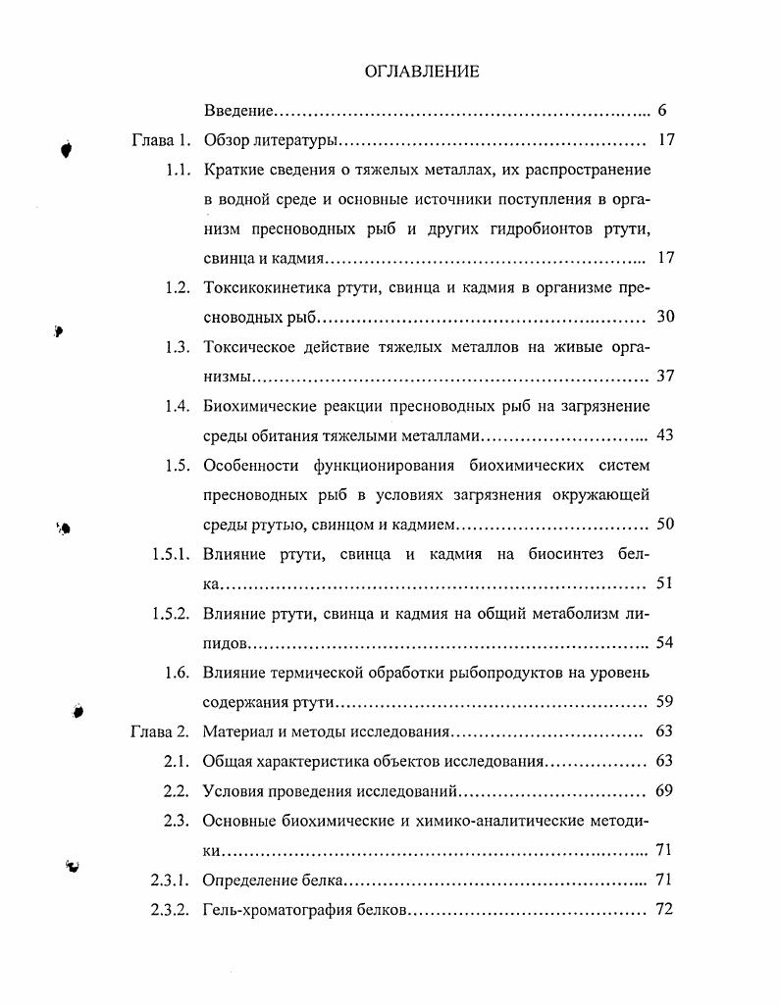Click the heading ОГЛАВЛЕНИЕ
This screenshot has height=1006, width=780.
click(x=422, y=72)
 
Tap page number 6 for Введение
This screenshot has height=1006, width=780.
click(x=663, y=111)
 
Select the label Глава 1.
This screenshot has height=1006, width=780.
click(x=160, y=140)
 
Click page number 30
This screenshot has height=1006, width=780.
click(x=664, y=318)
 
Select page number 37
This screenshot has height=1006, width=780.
click(x=664, y=377)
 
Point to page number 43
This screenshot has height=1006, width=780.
click(x=664, y=435)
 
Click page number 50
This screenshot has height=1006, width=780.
click(x=664, y=525)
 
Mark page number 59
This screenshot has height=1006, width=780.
click(x=664, y=702)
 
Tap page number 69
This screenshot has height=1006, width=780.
click(x=663, y=791)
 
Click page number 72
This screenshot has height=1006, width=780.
click(x=663, y=909)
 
